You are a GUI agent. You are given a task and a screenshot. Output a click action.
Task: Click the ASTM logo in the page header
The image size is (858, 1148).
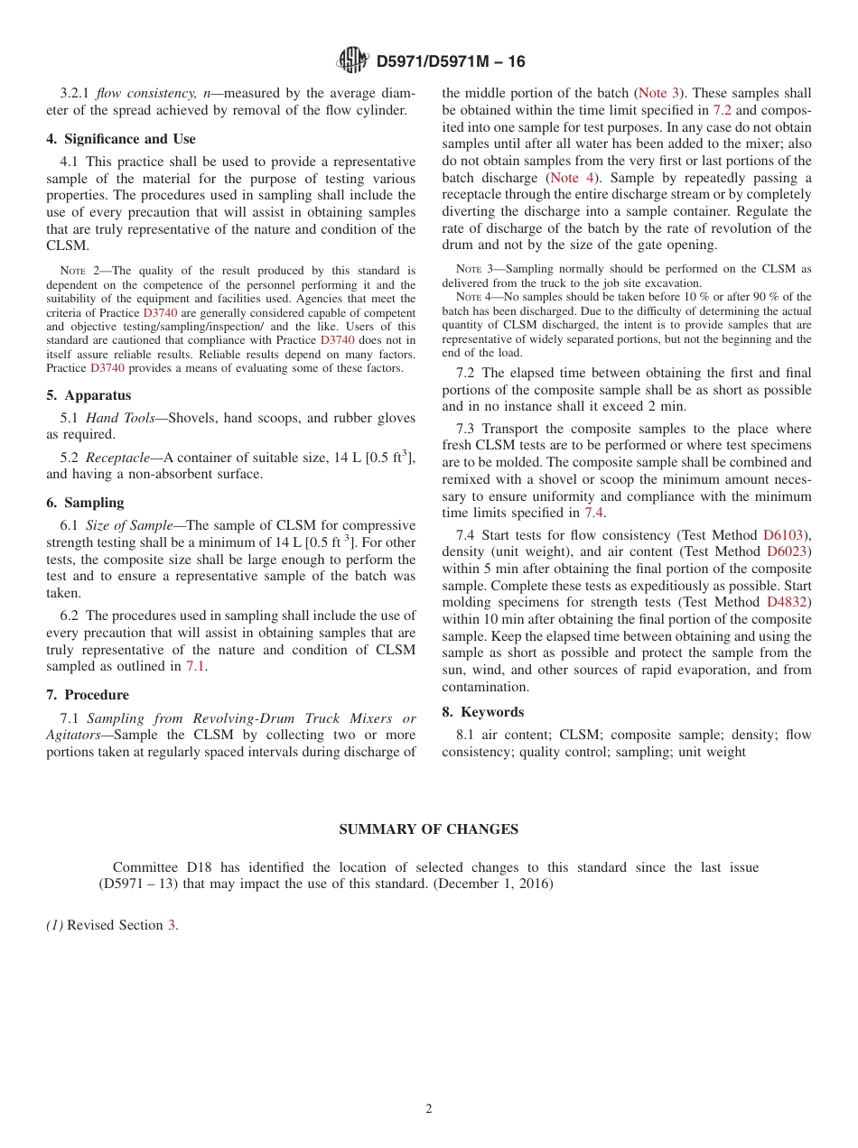point(352,60)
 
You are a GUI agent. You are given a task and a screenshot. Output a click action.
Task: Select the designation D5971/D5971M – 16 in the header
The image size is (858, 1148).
point(450,61)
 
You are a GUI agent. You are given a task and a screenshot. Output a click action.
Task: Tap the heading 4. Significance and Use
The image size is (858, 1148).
point(121,139)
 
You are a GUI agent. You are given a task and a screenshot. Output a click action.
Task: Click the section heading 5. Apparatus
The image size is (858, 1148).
point(89,395)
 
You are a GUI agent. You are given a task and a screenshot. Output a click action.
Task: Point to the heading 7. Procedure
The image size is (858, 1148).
point(88,695)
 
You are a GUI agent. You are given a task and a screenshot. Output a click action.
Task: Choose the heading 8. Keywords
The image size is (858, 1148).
point(482,712)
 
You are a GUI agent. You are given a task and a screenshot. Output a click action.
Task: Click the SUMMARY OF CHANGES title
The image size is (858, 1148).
point(428,829)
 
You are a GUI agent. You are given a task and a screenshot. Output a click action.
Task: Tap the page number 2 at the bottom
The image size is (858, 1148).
point(429,1109)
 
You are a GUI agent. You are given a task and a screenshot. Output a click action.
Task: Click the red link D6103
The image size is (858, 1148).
point(785,535)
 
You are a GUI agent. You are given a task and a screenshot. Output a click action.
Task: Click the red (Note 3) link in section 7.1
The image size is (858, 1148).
point(659,93)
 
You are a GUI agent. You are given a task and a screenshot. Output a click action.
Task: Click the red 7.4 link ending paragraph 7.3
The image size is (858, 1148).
point(593,513)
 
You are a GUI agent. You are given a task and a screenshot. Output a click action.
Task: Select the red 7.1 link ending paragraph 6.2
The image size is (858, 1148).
point(195,666)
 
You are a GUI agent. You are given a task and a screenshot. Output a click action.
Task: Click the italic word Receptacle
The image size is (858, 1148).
point(117,458)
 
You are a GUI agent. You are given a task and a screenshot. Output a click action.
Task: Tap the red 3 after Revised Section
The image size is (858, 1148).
point(172,925)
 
